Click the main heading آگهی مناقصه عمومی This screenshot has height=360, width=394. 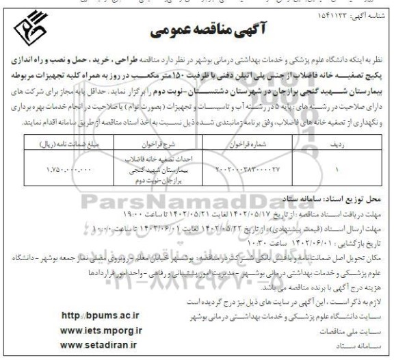196,31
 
